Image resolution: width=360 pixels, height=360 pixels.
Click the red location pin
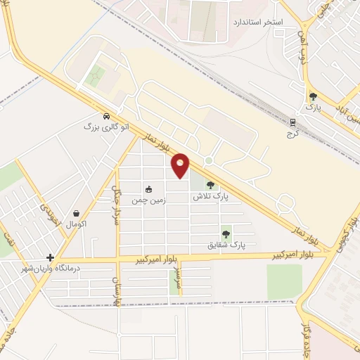click(181, 165)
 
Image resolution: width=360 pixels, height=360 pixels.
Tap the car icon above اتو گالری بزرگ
click(106, 117)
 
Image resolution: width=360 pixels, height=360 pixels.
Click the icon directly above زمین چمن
click(148, 189)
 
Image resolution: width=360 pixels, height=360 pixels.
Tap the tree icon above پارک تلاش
click(210, 186)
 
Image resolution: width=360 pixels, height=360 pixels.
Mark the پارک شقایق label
click(226, 245)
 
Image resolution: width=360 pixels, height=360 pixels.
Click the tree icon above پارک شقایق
click(226, 234)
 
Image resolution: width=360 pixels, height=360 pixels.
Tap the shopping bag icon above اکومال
click(75, 213)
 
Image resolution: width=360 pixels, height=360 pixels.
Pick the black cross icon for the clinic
click(50, 258)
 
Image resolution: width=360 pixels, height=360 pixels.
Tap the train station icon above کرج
click(293, 122)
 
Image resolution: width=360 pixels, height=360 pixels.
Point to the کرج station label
click(293, 133)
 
